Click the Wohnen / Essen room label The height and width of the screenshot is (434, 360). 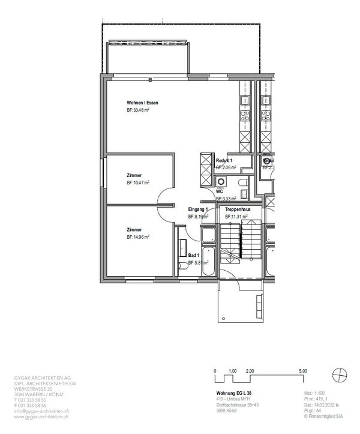[142, 103]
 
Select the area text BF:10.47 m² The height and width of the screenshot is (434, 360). [138, 182]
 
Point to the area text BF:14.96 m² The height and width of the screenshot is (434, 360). [138, 237]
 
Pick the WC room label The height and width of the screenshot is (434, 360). [220, 190]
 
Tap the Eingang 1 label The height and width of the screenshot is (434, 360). [198, 208]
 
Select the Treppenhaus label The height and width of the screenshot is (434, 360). [238, 208]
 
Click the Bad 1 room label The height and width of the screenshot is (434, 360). [194, 255]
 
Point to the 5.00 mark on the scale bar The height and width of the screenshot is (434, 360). [302, 372]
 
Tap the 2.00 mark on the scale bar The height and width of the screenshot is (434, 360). [250, 372]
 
